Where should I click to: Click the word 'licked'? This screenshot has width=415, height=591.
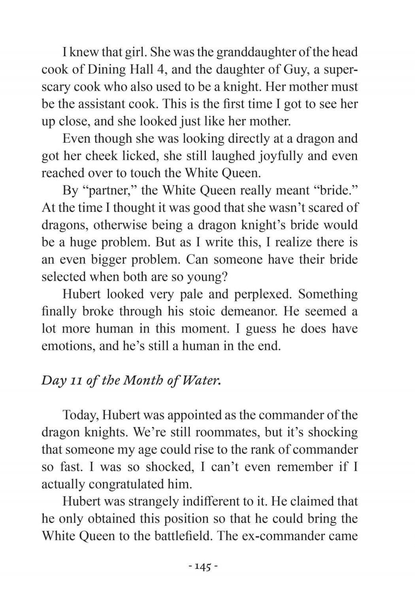pos(138,156)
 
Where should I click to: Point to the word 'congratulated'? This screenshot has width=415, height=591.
pos(126,484)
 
